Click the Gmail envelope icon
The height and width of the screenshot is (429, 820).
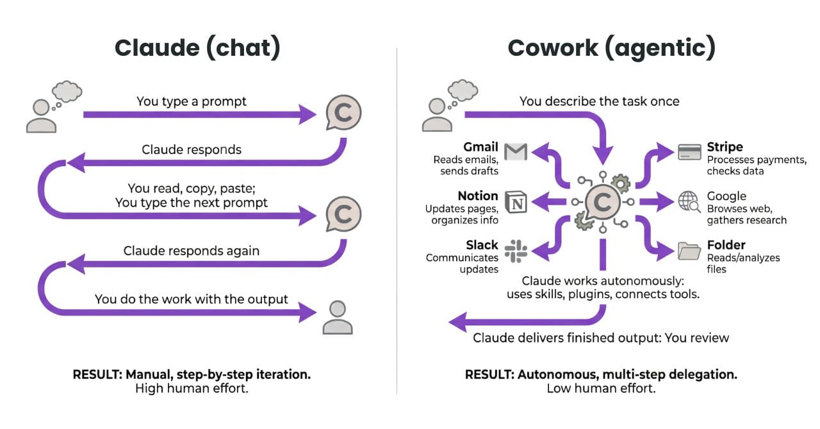515,151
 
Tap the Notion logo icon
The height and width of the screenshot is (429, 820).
515,201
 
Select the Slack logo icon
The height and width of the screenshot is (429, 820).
515,249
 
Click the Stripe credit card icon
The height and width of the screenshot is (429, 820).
689,152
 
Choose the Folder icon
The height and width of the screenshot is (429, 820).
689,250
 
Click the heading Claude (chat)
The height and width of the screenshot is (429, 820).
197,49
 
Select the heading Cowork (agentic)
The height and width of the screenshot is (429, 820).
611,49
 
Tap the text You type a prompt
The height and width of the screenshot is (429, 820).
192,101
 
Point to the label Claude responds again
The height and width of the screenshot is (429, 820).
192,251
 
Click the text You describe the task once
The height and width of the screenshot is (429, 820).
599,101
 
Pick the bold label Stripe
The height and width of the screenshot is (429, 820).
725,147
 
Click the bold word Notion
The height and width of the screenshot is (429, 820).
477,196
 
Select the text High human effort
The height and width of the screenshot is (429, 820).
192,389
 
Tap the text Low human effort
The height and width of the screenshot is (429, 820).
601,389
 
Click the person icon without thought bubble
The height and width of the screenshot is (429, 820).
338,317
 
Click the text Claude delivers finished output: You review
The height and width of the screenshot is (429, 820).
601,337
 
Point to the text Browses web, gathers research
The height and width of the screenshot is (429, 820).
746,215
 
